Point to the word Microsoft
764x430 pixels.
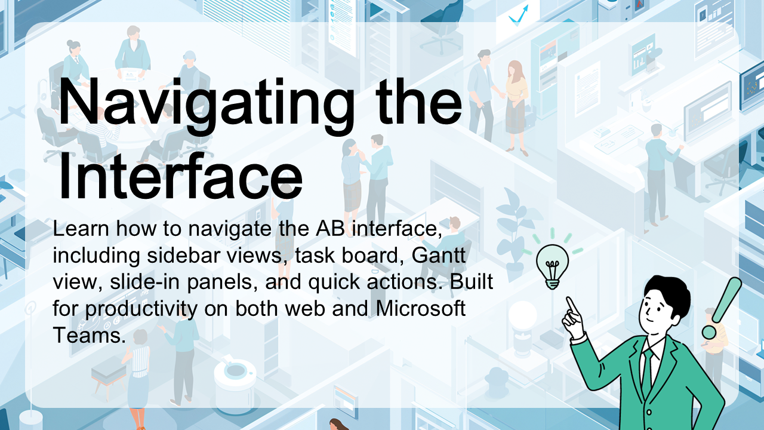coord(421,308)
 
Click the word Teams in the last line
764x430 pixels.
coord(90,335)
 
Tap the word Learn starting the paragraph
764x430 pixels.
coord(81,229)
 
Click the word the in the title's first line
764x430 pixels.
coord(419,102)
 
